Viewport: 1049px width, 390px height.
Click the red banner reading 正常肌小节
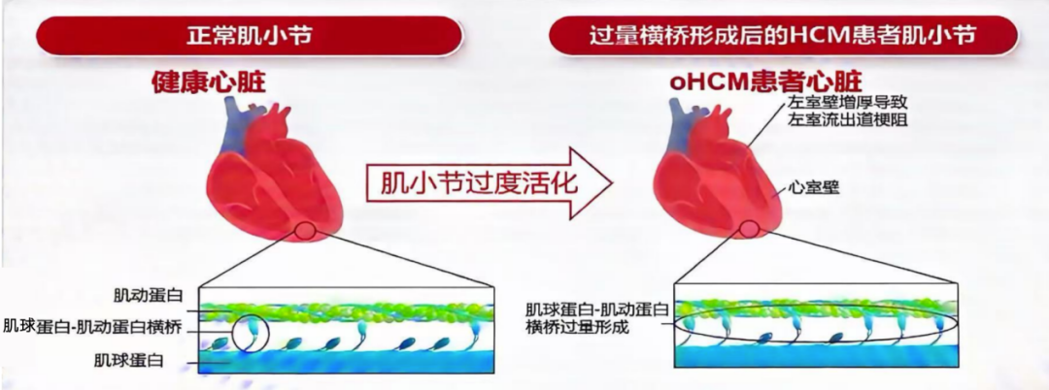tap(249, 35)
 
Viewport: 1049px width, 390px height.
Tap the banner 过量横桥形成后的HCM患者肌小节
tap(783, 35)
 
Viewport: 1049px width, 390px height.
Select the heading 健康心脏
tap(209, 82)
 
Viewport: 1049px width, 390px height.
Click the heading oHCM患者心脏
tap(765, 82)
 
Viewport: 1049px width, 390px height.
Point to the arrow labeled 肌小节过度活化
tap(489, 183)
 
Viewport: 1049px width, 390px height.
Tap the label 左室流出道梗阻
tap(848, 121)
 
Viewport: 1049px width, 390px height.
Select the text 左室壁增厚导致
tap(848, 104)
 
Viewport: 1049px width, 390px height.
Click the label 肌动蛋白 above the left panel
tap(149, 295)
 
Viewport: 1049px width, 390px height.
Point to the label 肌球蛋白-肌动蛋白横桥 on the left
tap(92, 327)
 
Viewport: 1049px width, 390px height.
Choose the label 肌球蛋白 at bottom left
tap(129, 361)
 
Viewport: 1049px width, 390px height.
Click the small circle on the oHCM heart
tap(750, 230)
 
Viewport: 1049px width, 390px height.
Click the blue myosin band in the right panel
tap(816, 355)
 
